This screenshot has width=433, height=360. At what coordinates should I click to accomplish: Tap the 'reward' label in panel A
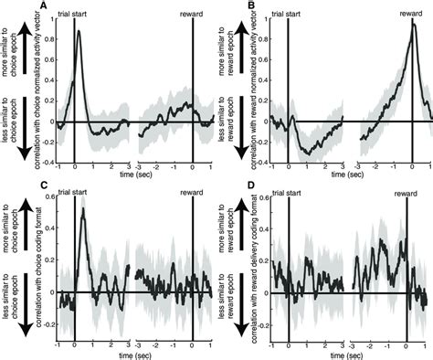[x=192, y=16]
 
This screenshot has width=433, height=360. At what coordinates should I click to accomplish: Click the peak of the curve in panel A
[x=79, y=32]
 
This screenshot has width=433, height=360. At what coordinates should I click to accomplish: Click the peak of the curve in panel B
[x=413, y=24]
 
